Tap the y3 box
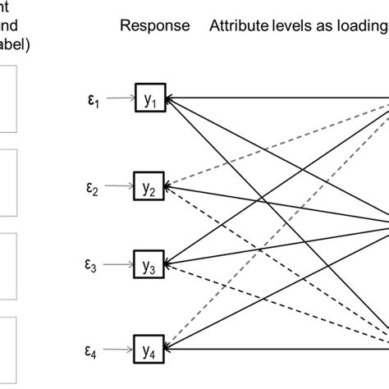[x=152, y=267]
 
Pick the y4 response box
[x=152, y=348]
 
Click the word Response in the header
[x=154, y=25]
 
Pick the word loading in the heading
[x=359, y=25]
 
